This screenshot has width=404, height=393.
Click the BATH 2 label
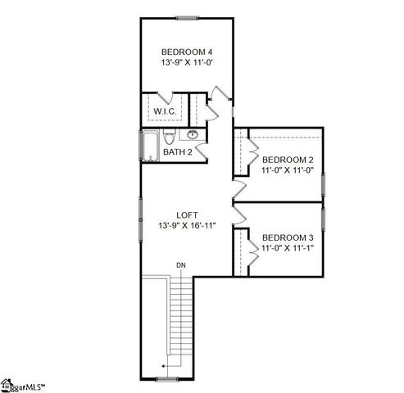tap(178, 151)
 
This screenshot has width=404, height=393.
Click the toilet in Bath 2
tap(169, 136)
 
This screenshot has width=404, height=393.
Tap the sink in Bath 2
tap(193, 134)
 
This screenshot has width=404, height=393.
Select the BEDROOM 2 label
tap(288, 160)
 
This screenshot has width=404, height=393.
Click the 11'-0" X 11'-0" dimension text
tap(288, 171)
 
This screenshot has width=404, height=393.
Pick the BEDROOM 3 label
tap(288, 237)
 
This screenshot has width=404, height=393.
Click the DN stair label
tap(180, 265)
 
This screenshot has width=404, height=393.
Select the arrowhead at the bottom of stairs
tap(164, 365)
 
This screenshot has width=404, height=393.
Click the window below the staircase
tap(167, 378)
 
